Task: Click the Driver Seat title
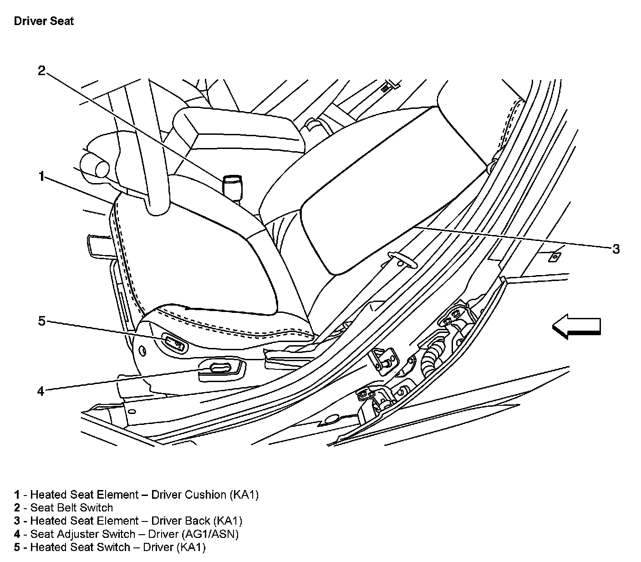[x=44, y=21]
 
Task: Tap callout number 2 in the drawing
[x=41, y=71]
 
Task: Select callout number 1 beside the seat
[x=41, y=176]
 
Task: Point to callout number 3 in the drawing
[x=616, y=249]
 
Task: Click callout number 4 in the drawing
[x=41, y=391]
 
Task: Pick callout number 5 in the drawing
[x=41, y=322]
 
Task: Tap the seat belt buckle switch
[x=233, y=186]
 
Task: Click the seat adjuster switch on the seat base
[x=220, y=368]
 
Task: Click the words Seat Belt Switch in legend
[x=71, y=508]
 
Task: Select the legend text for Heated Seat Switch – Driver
[x=117, y=547]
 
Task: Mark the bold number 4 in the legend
[x=17, y=534]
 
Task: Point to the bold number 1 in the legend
[x=17, y=495]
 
